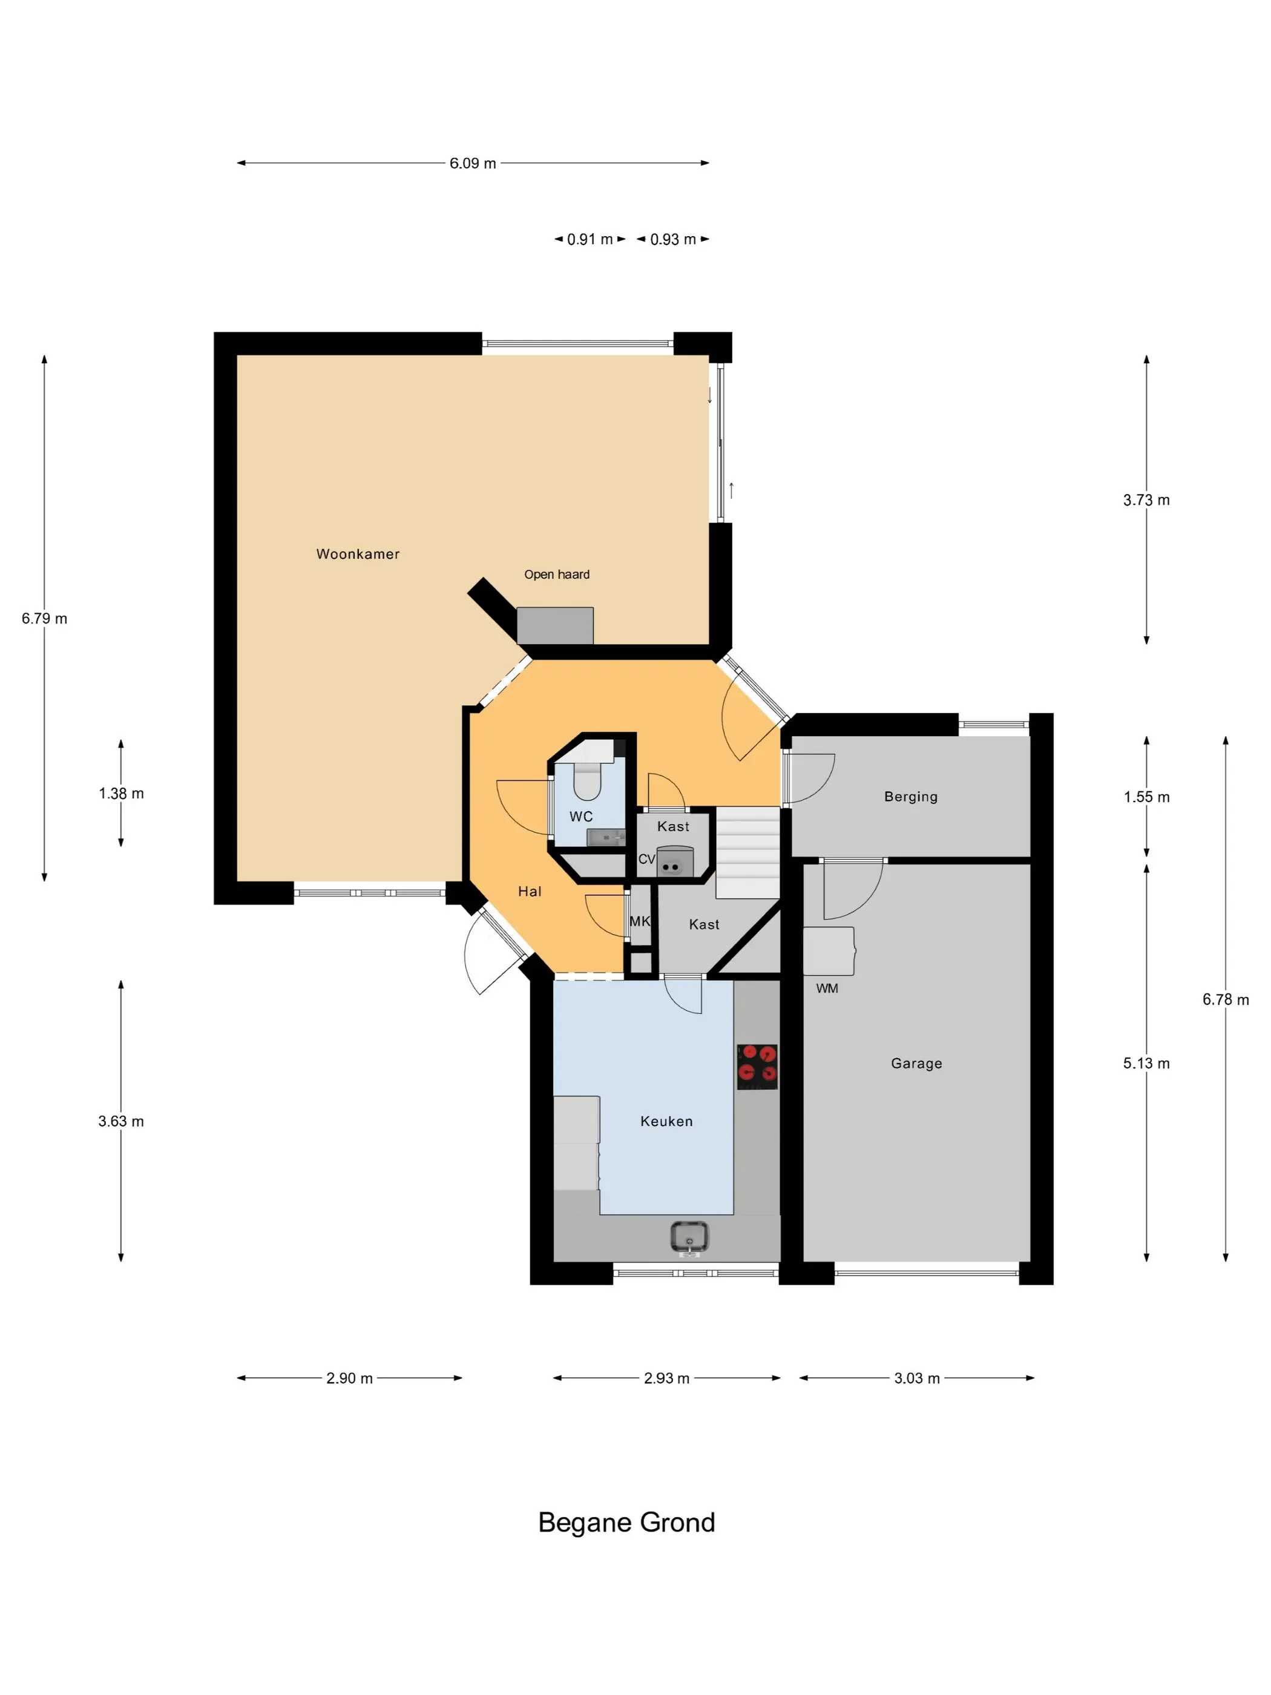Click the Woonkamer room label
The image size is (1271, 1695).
(358, 554)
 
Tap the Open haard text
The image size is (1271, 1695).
(557, 574)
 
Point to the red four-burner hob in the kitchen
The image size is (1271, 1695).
(757, 1067)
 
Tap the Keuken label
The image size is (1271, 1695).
(666, 1122)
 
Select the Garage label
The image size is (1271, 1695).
(916, 1064)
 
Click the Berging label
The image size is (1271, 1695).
(911, 797)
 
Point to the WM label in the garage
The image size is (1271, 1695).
(827, 989)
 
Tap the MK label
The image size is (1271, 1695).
(640, 921)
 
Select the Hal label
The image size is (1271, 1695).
(530, 891)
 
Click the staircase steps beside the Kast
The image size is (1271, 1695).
(747, 853)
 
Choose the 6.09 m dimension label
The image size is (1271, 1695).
(473, 163)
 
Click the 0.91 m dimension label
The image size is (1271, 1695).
(590, 239)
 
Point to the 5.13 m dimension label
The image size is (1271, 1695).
(1146, 1064)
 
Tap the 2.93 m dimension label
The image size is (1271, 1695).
(666, 1378)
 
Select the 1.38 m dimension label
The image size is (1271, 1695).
(121, 794)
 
